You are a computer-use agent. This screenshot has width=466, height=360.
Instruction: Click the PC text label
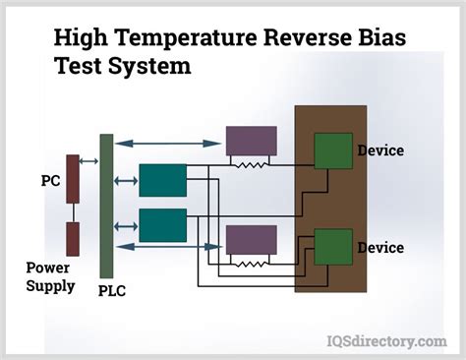point(50,181)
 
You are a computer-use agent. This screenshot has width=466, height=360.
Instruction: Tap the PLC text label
point(110,291)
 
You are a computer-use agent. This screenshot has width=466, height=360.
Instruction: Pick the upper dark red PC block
point(72,178)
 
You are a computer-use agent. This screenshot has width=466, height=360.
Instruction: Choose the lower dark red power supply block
point(72,236)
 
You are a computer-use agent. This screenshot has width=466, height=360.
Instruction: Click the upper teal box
point(162,180)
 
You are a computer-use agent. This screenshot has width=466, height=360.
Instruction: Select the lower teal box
point(162,225)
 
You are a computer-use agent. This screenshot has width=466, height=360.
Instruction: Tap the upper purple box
point(251,141)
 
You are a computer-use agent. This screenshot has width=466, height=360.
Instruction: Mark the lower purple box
point(251,240)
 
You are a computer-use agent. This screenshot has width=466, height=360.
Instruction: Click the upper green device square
point(332,150)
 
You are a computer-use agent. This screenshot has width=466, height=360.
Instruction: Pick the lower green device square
point(332,247)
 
